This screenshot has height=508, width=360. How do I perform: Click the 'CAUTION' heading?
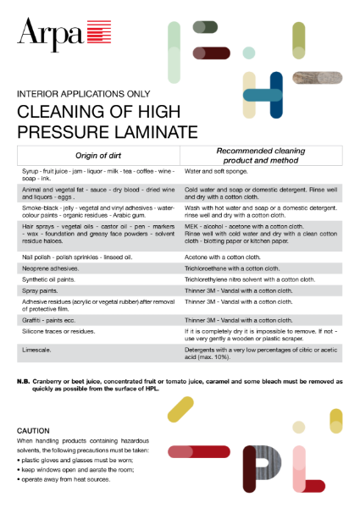34,431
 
